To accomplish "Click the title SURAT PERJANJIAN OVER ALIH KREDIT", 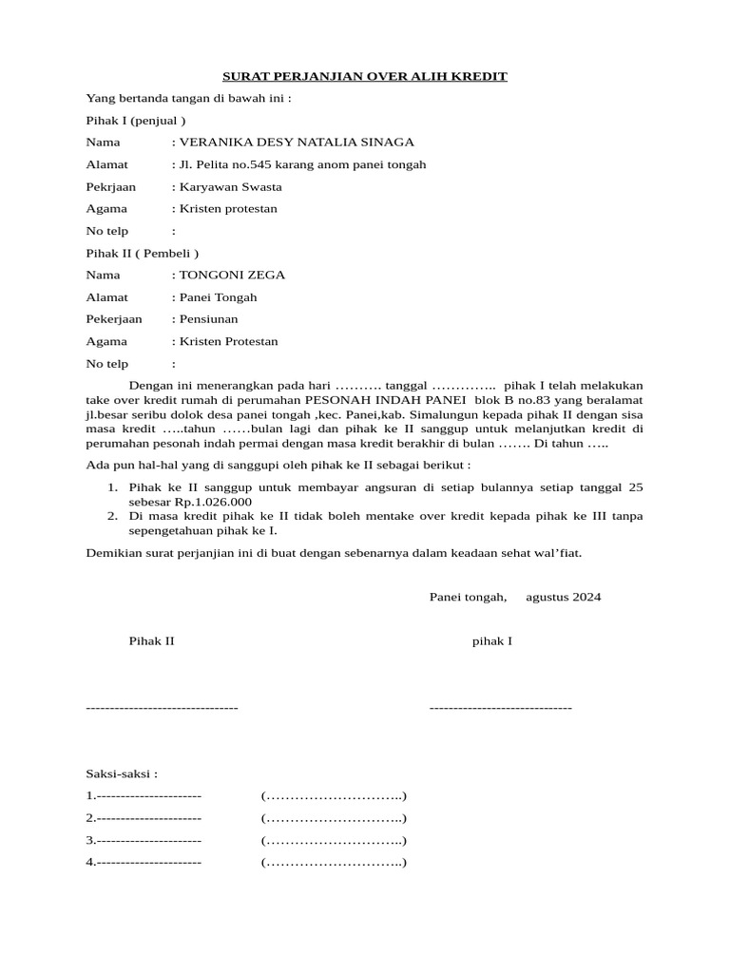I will point(365,76).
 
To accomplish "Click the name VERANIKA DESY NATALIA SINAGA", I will point(296,143).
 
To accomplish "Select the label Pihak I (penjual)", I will point(136,121).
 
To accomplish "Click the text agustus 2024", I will point(563,598).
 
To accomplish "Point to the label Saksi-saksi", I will point(122,774).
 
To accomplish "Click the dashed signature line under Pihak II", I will point(162,708).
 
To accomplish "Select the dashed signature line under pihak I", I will point(500,708).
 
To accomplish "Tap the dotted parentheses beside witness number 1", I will point(334,796).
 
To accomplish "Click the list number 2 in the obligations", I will point(111,516).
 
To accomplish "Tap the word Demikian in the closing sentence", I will point(114,552).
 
